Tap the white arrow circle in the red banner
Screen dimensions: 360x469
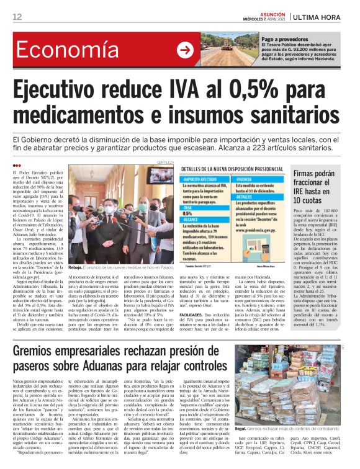coord(184,51)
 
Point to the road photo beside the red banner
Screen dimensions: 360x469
coord(230,51)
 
